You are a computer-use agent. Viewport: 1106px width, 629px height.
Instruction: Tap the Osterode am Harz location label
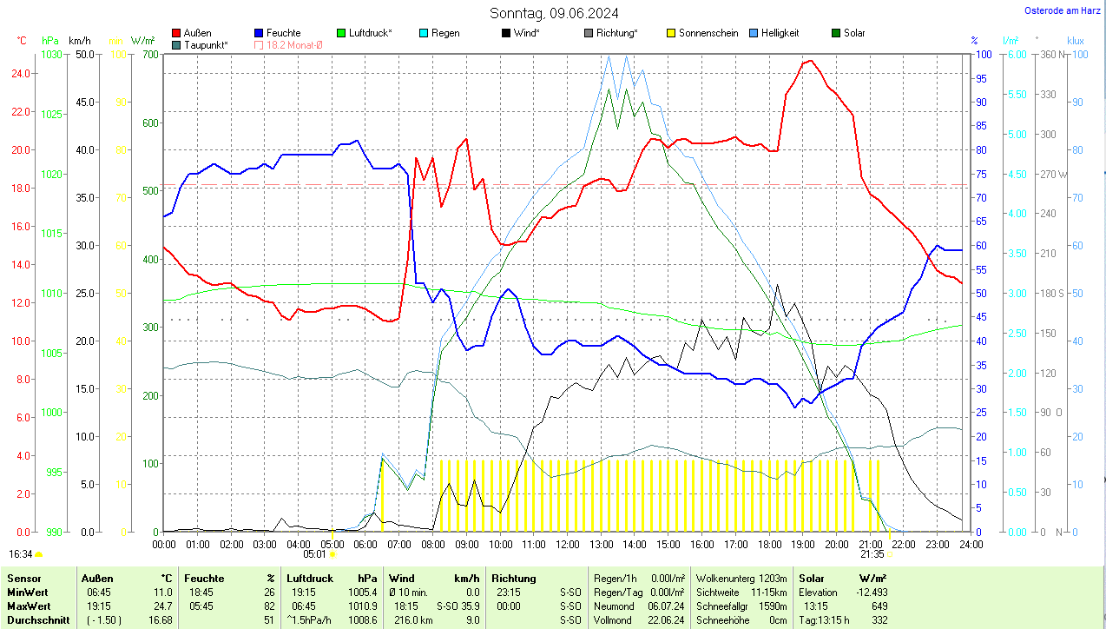[x=1062, y=10]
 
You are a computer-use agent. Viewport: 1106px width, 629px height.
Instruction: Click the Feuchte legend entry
[x=277, y=33]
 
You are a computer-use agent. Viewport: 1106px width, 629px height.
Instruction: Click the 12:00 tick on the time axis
[x=567, y=545]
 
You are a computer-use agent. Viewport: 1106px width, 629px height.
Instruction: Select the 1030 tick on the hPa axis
[x=52, y=54]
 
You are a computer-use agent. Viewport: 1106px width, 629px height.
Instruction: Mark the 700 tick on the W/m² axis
[x=150, y=54]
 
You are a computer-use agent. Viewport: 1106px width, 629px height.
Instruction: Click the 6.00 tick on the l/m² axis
[x=1016, y=54]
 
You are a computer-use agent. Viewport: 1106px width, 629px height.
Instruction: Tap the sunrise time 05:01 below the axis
[x=314, y=553]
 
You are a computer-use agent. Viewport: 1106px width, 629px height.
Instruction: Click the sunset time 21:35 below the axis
[x=872, y=553]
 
